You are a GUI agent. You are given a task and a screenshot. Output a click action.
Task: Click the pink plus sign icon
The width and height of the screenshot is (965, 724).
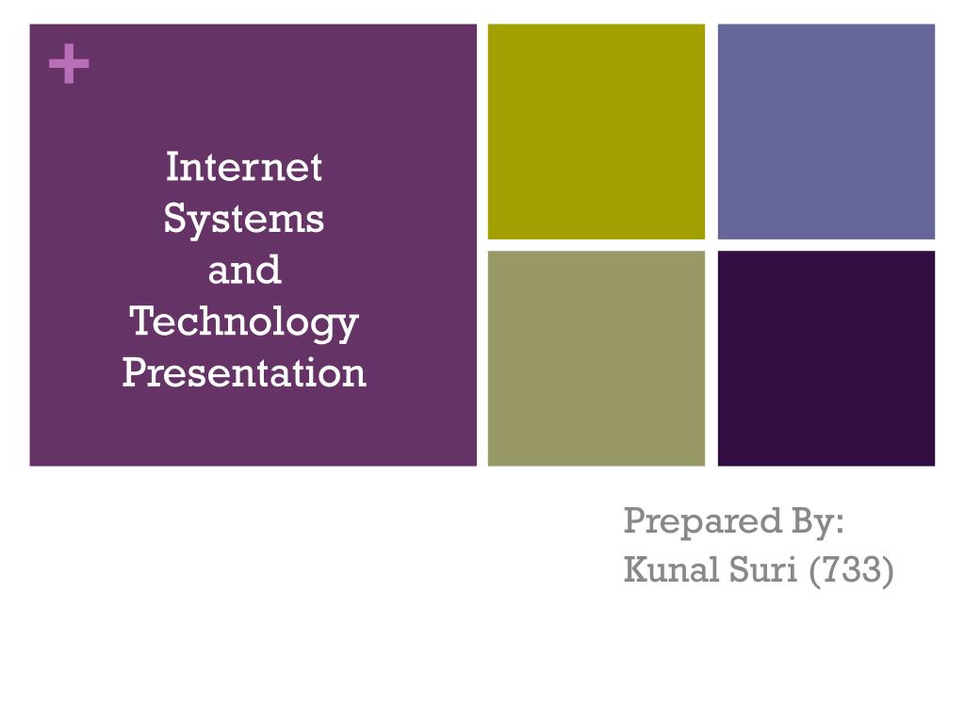(69, 63)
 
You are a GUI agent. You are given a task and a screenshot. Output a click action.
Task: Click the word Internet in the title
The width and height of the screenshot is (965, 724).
(244, 167)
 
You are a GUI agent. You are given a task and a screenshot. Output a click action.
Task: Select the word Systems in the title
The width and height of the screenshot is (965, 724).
(244, 219)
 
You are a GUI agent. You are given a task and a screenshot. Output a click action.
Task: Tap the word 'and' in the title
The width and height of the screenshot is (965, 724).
(244, 271)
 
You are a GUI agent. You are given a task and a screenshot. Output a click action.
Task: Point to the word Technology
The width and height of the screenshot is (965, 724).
(244, 322)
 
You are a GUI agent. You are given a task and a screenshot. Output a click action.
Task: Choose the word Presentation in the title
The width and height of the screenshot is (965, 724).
(244, 372)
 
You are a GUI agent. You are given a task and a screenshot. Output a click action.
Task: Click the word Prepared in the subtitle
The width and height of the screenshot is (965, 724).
(702, 522)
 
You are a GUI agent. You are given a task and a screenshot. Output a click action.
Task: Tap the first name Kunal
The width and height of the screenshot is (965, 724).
(671, 568)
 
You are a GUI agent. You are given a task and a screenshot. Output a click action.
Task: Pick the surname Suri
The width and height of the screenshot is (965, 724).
(762, 568)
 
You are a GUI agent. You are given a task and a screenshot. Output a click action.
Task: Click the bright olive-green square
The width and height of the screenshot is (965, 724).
(597, 132)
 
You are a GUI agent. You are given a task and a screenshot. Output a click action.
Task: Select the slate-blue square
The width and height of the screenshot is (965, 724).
(826, 132)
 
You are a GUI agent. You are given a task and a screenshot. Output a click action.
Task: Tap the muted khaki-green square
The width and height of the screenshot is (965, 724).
(597, 358)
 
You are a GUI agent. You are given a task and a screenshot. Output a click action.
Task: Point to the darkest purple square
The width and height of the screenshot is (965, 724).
(826, 358)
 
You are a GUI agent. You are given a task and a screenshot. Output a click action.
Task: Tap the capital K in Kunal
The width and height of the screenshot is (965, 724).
(636, 568)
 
